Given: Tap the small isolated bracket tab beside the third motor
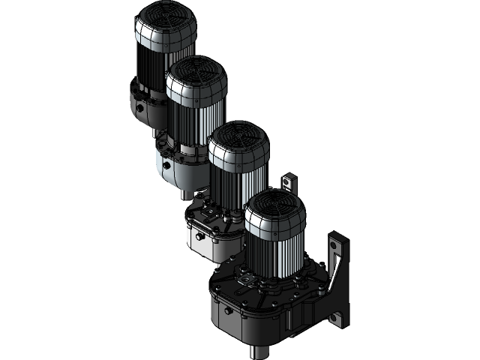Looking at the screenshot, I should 289,182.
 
